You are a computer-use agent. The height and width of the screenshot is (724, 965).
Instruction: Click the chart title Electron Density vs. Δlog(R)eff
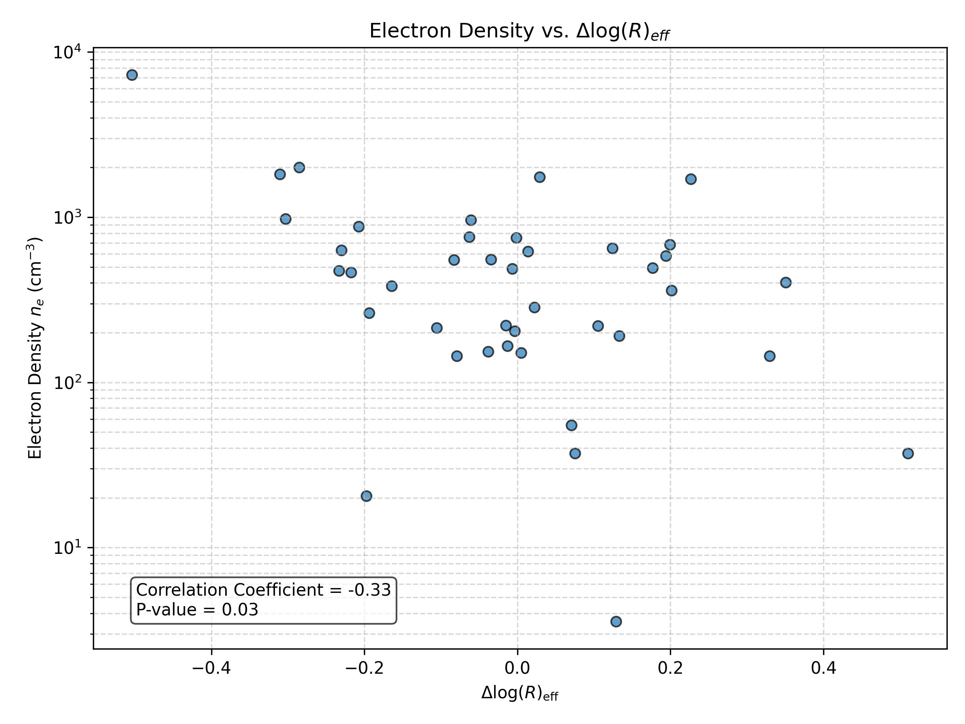point(519,31)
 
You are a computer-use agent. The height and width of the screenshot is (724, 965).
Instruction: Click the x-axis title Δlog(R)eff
point(519,693)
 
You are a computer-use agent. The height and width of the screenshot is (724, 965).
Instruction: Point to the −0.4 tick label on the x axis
point(211,668)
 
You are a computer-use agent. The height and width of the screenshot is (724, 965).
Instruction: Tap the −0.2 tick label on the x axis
point(364,668)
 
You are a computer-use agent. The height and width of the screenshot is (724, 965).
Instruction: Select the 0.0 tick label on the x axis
point(517,668)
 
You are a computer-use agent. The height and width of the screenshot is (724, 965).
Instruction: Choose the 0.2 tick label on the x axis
point(671,668)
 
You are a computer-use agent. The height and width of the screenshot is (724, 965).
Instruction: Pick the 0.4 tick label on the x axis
point(823,668)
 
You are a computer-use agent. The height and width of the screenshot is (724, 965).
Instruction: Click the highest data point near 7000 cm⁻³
point(132,75)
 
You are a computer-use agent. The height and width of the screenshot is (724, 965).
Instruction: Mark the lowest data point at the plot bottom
point(616,621)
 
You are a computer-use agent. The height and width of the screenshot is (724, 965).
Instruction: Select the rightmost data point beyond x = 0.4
point(908,453)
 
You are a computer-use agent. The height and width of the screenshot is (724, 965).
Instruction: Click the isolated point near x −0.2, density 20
point(366,496)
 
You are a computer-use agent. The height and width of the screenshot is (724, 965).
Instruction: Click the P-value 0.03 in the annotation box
point(240,610)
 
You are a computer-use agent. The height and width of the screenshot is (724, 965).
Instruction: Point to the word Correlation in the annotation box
point(183,590)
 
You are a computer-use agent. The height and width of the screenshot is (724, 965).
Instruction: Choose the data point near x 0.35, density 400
point(786,282)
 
